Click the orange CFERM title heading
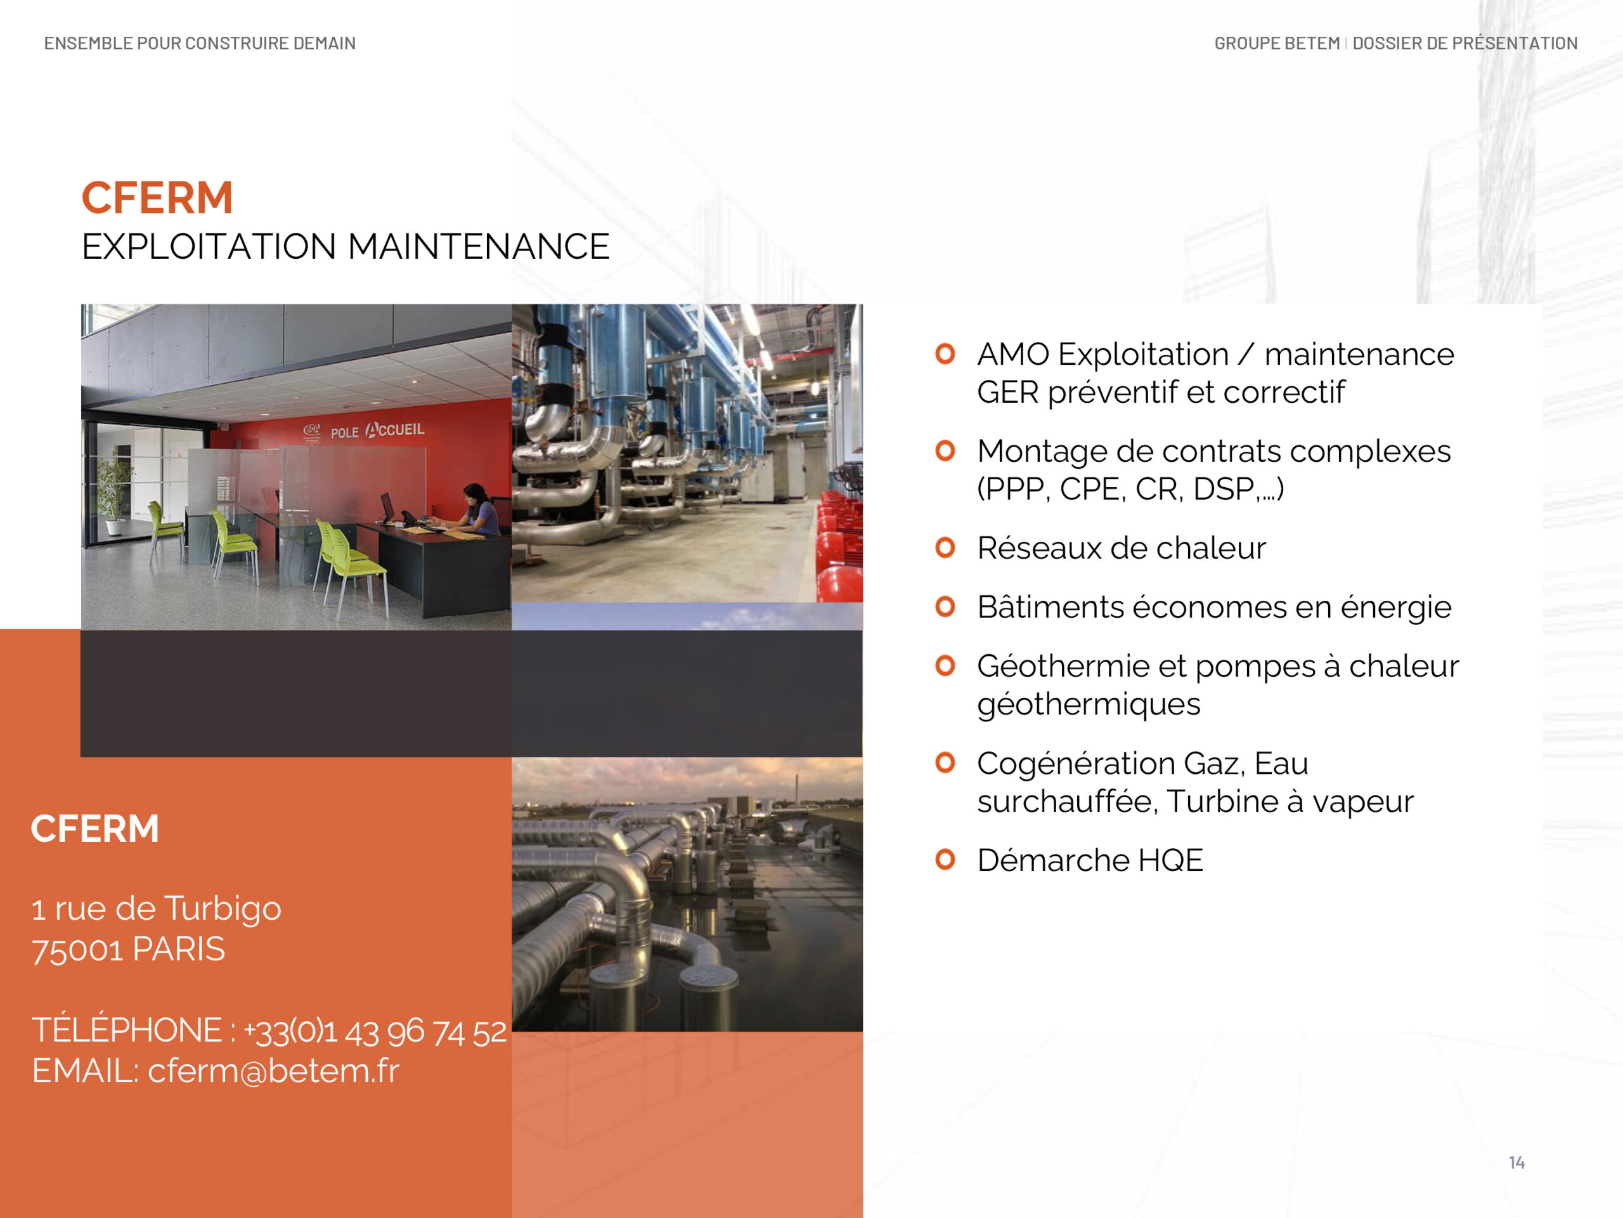pos(157,198)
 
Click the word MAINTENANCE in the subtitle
pos(479,247)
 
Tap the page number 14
pos(1516,1162)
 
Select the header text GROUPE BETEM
pos(1277,43)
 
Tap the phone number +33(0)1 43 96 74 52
pos(374,1031)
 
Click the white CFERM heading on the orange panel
pos(94,829)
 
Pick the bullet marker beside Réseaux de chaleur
pos(945,547)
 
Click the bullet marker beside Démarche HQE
pos(945,859)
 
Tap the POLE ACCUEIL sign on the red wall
pos(377,430)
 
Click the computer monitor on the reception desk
pos(387,507)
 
